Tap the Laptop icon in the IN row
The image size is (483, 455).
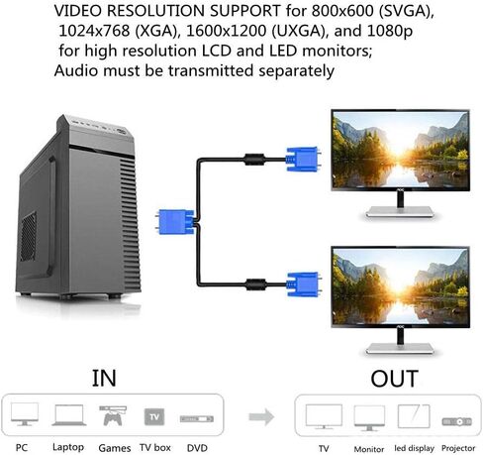68,414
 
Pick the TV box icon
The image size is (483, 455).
153,415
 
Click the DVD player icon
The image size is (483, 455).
195,417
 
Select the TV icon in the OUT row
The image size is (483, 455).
324,415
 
